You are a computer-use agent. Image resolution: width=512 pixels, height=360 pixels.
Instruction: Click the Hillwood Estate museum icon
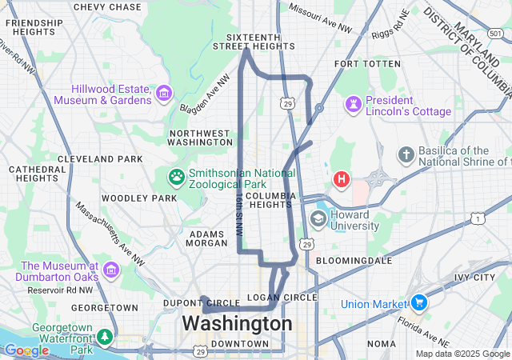164,94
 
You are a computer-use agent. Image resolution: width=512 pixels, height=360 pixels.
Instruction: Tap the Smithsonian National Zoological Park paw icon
176,175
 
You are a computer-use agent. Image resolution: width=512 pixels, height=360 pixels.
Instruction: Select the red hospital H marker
342,178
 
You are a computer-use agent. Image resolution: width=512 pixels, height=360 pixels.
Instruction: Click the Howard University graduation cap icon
318,218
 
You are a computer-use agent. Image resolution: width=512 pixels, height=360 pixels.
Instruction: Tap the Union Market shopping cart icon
418,303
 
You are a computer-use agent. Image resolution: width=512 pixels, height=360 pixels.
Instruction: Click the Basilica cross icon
406,154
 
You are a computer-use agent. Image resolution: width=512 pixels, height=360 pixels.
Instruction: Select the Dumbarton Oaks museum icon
110,269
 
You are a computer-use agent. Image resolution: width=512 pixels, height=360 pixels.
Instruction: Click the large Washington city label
238,324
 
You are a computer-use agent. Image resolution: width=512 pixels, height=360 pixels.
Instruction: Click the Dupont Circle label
190,303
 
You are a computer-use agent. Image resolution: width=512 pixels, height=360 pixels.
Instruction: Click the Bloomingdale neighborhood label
354,261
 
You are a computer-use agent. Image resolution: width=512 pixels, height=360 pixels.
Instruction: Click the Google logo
26,350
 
